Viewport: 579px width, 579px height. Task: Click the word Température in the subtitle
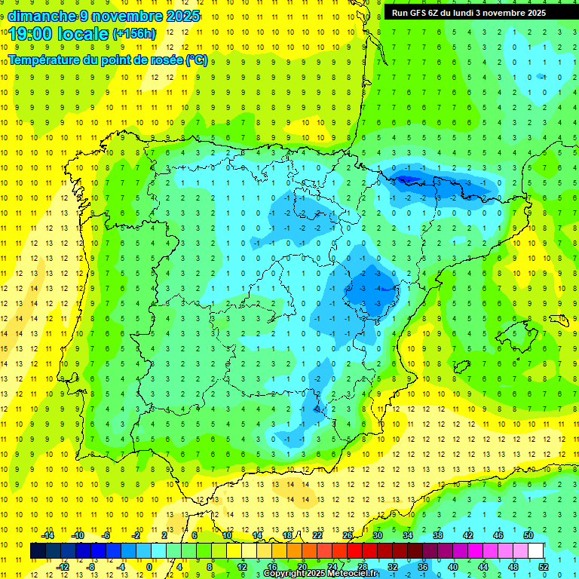point(47,60)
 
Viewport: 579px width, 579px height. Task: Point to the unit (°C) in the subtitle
point(197,60)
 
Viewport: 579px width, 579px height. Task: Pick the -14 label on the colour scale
point(47,535)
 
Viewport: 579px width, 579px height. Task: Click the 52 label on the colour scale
point(544,567)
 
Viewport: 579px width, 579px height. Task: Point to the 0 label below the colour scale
point(149,567)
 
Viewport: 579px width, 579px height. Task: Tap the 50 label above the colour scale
point(528,535)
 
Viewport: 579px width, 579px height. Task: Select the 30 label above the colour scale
point(377,535)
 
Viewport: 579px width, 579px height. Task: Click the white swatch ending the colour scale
point(536,551)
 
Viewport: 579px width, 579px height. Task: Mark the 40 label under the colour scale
point(453,567)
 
